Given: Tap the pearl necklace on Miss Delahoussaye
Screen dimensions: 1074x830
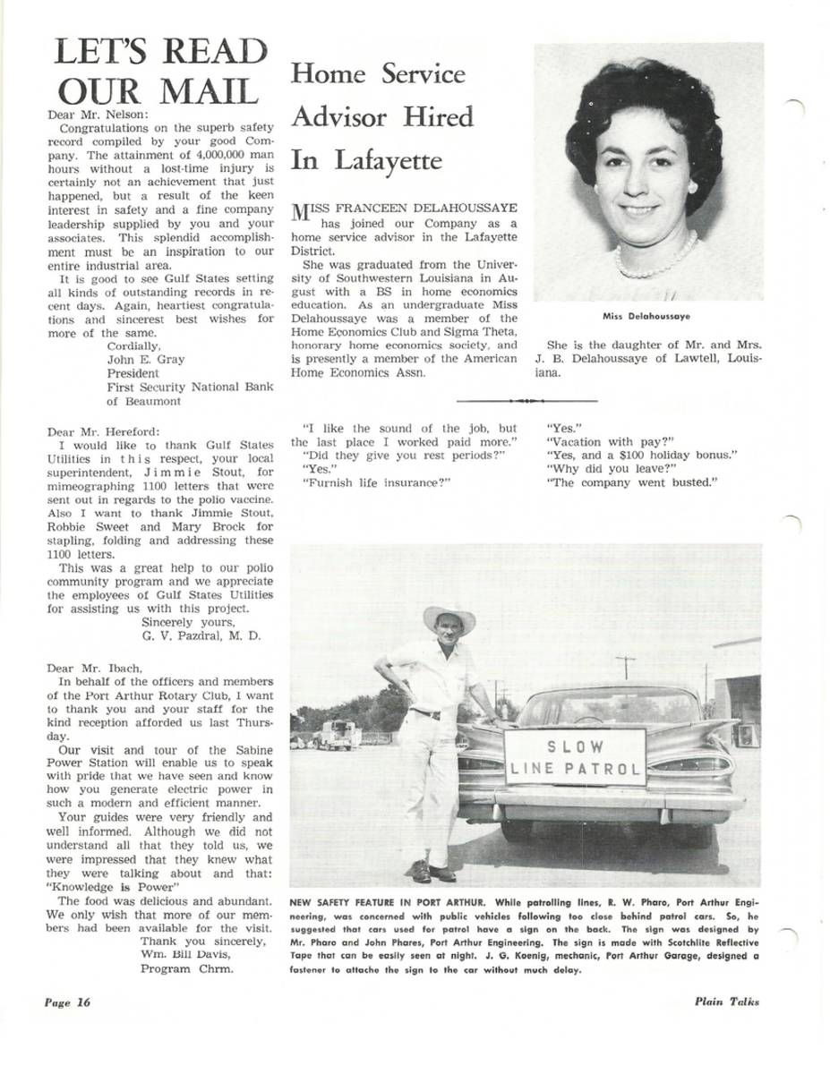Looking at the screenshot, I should [656, 258].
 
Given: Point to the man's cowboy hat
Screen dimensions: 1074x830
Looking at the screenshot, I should [449, 617].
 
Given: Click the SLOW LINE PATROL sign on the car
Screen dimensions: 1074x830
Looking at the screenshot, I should [576, 757].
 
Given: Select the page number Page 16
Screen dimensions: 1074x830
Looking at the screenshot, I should [68, 1002].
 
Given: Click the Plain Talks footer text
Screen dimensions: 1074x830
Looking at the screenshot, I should [726, 1002].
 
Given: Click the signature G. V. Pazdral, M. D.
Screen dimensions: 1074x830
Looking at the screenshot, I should [201, 636].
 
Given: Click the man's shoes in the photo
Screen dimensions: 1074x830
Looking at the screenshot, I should [432, 871].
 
